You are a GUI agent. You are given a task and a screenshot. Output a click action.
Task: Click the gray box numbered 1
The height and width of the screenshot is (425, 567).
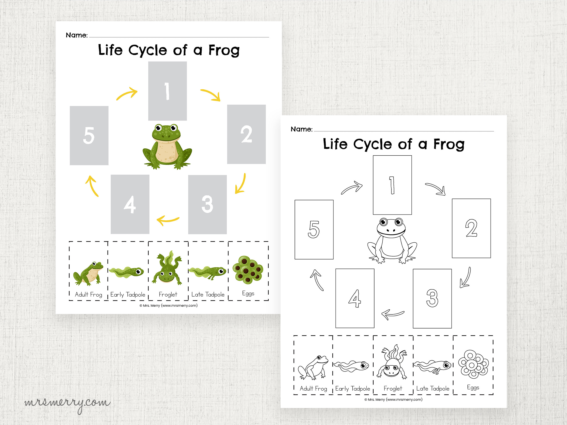(x=167, y=91)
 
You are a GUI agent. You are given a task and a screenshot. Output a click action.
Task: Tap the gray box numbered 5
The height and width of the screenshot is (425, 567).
(x=89, y=136)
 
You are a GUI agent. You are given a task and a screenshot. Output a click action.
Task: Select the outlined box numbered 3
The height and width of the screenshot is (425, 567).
(x=432, y=298)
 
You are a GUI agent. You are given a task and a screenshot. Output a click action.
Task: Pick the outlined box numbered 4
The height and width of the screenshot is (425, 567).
(x=355, y=298)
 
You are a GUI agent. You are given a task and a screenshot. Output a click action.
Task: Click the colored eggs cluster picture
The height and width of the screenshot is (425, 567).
(x=248, y=270)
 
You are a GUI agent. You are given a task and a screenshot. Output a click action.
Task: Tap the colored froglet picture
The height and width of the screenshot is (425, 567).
(x=167, y=268)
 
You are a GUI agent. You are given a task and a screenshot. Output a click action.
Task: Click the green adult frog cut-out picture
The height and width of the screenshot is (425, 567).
(x=88, y=274)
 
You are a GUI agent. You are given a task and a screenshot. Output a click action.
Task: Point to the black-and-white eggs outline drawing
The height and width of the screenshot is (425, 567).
(x=473, y=364)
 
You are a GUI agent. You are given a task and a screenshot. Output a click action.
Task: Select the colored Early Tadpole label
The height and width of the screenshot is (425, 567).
(x=128, y=295)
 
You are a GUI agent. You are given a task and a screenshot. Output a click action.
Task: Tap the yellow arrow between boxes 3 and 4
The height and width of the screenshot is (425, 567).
(x=168, y=220)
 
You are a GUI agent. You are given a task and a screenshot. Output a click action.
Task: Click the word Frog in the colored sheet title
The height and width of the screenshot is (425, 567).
(x=224, y=50)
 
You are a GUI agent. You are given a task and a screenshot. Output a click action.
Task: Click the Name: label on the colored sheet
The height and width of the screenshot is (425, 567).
(x=77, y=35)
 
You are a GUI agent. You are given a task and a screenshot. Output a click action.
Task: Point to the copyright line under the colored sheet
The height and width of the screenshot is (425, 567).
(x=168, y=305)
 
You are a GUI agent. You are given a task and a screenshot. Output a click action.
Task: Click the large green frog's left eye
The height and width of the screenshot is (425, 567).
(x=158, y=128)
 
